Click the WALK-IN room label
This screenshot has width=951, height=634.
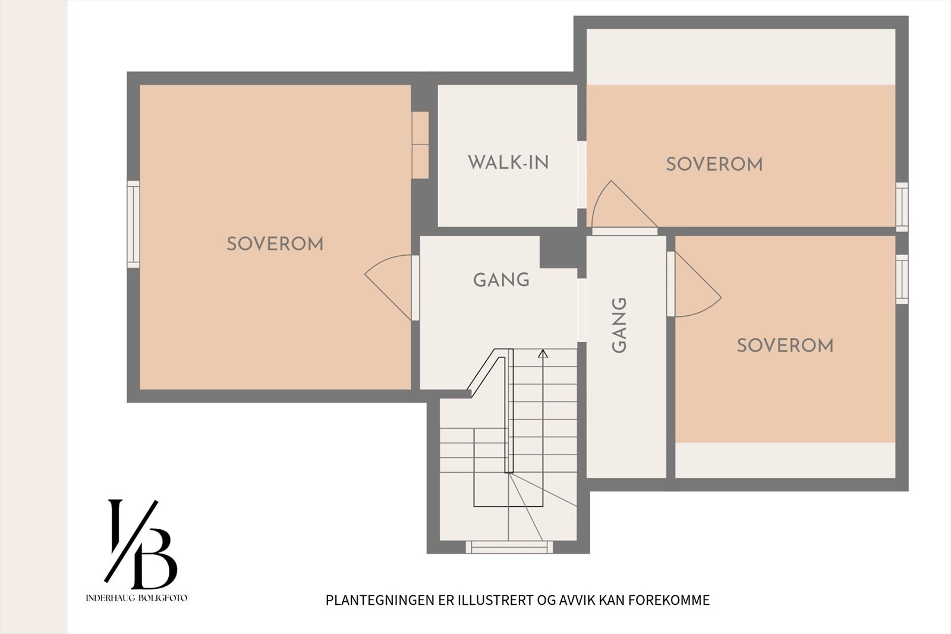[508, 162]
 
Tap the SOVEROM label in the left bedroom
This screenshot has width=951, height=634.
[275, 244]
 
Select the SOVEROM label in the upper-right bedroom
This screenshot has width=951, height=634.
[714, 165]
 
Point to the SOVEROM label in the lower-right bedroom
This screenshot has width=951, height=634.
[785, 346]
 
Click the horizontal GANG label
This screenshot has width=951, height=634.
[502, 280]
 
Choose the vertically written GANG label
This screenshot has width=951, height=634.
[619, 325]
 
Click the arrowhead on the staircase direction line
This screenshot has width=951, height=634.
[543, 353]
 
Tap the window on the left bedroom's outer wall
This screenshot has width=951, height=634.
[133, 224]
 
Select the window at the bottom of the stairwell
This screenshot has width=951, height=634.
[509, 547]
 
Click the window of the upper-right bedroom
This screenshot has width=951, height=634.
[902, 207]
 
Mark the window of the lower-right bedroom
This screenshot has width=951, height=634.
[902, 279]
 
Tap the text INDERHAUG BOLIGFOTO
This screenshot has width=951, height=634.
[136, 598]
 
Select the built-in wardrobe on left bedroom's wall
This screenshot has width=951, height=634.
[420, 145]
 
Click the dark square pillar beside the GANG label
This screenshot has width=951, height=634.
[558, 252]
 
